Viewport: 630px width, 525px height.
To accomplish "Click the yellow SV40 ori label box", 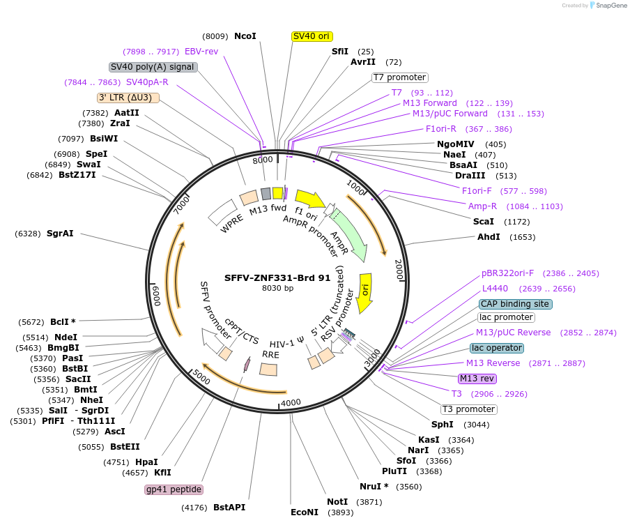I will pos(312,36).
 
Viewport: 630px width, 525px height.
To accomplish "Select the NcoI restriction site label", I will pos(245,36).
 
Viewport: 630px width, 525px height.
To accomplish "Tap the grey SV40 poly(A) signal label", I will pos(153,67).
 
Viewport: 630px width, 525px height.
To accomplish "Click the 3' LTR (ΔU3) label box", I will pos(129,98).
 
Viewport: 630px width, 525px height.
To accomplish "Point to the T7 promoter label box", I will pos(399,77).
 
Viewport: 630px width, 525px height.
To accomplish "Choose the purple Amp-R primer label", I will pos(482,206).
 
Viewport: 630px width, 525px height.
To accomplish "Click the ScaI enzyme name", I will pos(483,221).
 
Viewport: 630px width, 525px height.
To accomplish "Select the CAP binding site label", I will pos(516,304).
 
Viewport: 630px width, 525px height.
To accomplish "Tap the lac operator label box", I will pos(497,348).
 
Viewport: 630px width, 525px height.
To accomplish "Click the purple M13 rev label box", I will pos(477,379).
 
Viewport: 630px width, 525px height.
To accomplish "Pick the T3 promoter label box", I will pos(468,409).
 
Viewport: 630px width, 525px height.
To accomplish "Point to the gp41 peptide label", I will pos(174,489).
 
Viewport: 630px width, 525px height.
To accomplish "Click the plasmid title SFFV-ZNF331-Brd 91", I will pos(277,277).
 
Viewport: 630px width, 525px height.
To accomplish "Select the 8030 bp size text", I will pos(277,288).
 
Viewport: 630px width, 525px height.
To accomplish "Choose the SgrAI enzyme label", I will pos(60,233).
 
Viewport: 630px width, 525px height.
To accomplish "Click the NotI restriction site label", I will pos(337,502).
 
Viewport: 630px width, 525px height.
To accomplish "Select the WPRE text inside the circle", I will pos(231,225).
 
